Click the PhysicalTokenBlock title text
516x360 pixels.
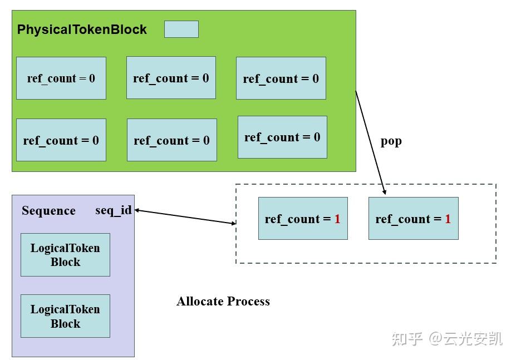click(x=82, y=30)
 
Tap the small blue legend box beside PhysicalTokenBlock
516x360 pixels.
click(x=181, y=29)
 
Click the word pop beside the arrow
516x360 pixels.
click(x=391, y=141)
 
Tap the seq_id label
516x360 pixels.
click(x=113, y=210)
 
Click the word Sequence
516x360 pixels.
click(x=48, y=211)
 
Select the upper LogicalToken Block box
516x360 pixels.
click(x=65, y=255)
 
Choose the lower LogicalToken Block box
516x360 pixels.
click(x=65, y=316)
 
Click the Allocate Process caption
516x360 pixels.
click(x=223, y=302)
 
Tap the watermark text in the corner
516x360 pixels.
click(x=446, y=338)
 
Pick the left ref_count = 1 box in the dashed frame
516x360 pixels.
click(x=303, y=219)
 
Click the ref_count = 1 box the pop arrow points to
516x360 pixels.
click(x=413, y=219)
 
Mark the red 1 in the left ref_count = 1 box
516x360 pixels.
click(x=337, y=219)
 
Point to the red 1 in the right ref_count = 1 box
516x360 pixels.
click(x=448, y=219)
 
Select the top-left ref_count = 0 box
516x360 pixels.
click(x=61, y=78)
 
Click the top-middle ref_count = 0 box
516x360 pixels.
click(x=171, y=78)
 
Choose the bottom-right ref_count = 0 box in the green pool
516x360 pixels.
click(x=282, y=137)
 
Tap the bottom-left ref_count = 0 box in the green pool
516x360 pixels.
click(x=61, y=140)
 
